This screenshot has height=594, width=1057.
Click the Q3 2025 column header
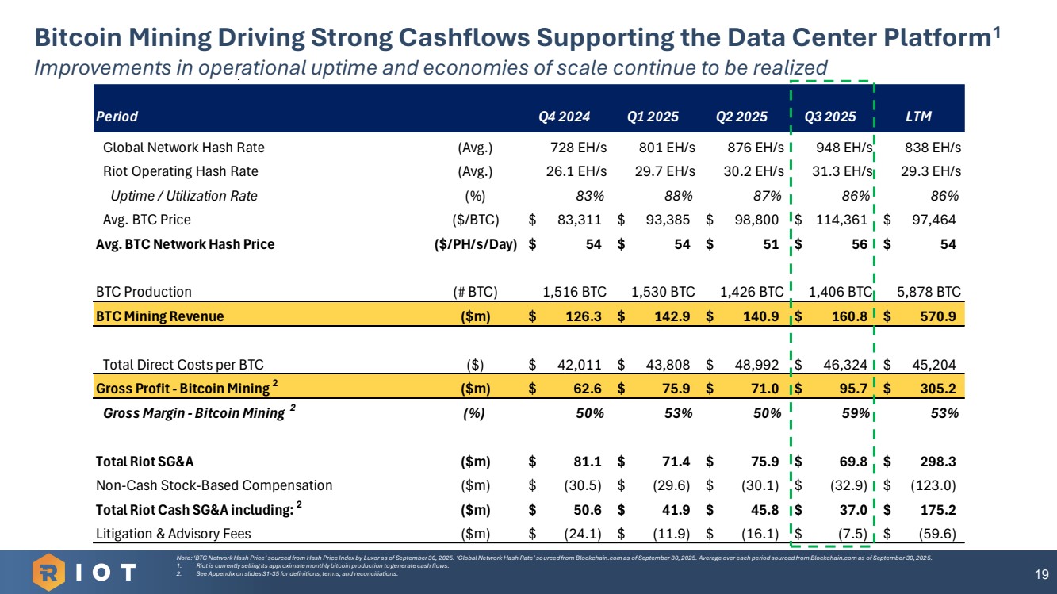coord(829,117)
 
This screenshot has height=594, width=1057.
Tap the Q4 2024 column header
coord(564,117)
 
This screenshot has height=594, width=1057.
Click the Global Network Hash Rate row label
coord(184,148)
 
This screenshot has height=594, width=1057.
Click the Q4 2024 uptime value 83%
coord(591,196)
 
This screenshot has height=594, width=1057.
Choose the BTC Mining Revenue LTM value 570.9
coord(937,316)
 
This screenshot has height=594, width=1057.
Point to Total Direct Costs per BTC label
coord(183,365)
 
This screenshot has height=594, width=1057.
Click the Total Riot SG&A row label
coord(144,462)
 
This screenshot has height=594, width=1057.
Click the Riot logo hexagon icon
coord(51,571)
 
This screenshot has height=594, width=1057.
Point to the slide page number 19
coord(1041,573)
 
